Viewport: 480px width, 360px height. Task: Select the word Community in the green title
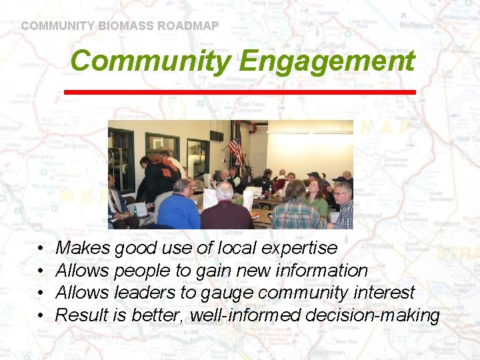coord(150,61)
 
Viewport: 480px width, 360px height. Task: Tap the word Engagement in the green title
coord(326,61)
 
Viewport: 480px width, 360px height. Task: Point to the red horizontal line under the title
coord(239,91)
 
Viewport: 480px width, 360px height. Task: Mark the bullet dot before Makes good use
coord(41,249)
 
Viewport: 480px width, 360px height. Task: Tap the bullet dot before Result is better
coord(41,315)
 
